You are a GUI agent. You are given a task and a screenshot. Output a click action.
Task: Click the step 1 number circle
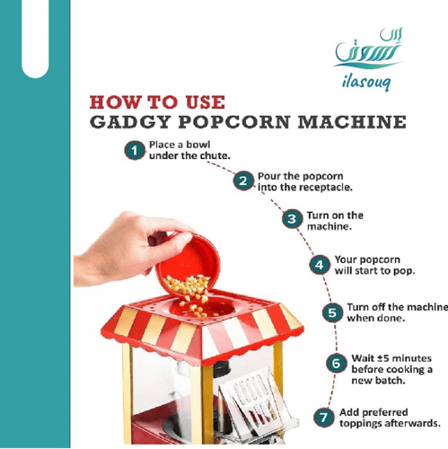tap(135, 150)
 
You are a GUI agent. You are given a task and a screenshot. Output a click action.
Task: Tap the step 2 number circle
tap(243, 180)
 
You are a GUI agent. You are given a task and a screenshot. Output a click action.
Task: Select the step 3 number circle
tap(292, 219)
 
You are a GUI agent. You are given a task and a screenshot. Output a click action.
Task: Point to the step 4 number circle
tap(320, 265)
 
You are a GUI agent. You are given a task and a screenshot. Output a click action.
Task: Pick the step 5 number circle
tap(332, 313)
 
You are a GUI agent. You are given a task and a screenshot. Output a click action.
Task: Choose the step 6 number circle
tap(336, 363)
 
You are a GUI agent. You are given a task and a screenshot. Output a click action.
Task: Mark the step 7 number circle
tap(324, 417)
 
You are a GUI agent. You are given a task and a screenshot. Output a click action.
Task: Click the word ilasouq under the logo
tap(366, 81)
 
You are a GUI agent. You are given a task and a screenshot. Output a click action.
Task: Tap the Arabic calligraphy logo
tap(368, 48)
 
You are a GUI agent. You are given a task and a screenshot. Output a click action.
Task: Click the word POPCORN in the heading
tap(234, 122)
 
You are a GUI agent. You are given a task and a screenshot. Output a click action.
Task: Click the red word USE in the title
tap(206, 102)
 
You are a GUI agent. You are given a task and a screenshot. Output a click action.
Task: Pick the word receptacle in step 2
tap(325, 188)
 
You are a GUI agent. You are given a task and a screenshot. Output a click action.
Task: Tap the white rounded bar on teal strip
tap(35, 39)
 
